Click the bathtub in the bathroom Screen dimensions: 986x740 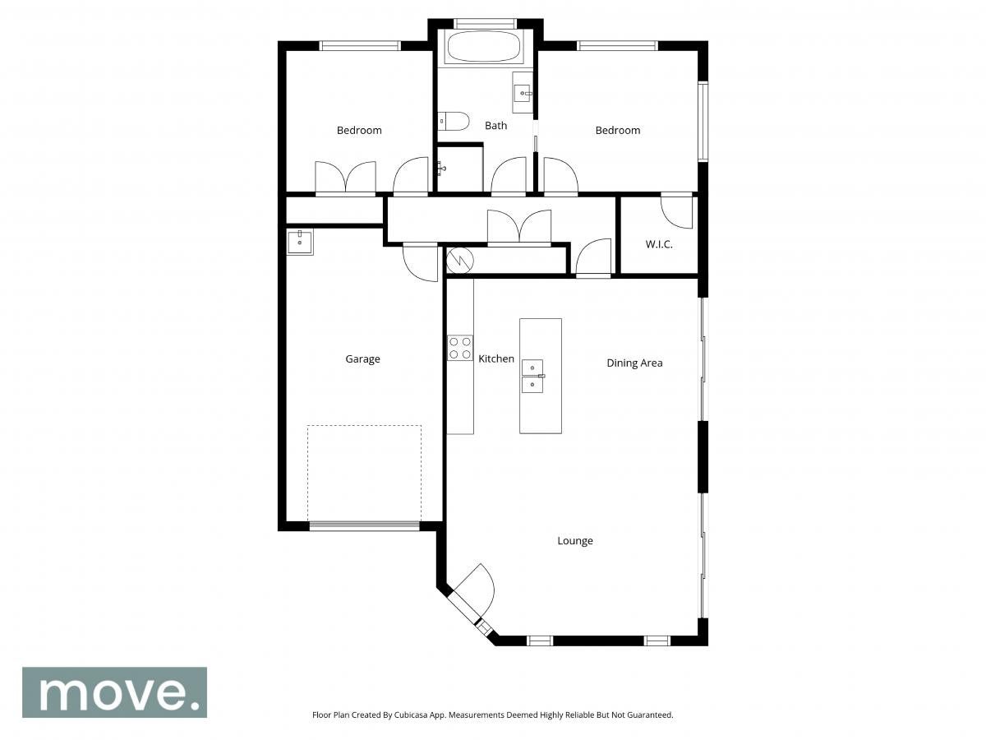(x=485, y=47)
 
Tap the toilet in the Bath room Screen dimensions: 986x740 (x=454, y=121)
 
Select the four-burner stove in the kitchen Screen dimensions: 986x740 (x=460, y=348)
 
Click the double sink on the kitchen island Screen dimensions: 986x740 (x=532, y=376)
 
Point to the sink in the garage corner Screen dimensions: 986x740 (x=300, y=242)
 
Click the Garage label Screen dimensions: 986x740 (x=362, y=359)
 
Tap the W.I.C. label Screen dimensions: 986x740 (x=658, y=244)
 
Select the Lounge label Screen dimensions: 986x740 (x=575, y=540)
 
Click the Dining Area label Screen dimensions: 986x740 (x=634, y=363)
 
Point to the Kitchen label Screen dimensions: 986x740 (x=496, y=358)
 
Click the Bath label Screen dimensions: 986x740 (x=495, y=126)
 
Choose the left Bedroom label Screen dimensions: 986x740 (x=359, y=130)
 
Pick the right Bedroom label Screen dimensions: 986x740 (x=618, y=130)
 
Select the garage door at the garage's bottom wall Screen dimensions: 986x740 (x=364, y=525)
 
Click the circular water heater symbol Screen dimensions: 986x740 (x=459, y=260)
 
